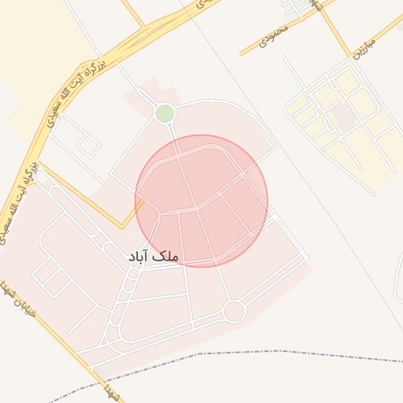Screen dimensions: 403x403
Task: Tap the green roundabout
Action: click(165, 113)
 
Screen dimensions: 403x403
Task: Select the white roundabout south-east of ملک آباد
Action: click(234, 312)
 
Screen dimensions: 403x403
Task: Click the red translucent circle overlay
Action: click(201, 201)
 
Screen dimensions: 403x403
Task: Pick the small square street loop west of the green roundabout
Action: click(88, 146)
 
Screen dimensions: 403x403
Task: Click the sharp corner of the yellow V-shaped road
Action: click(122, 227)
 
